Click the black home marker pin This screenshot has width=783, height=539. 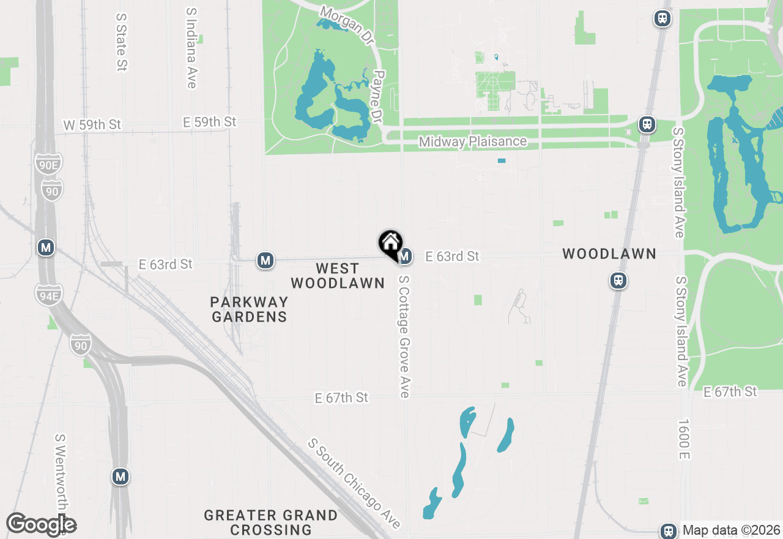tap(390, 243)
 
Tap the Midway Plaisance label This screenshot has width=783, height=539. tap(472, 141)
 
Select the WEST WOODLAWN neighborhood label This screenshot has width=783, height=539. tap(337, 276)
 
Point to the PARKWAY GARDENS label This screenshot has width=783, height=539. tap(248, 309)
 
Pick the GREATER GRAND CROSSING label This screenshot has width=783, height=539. tap(270, 522)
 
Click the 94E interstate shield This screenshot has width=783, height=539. tap(48, 294)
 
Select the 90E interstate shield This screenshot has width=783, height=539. tap(48, 164)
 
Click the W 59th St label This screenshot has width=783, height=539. tap(92, 125)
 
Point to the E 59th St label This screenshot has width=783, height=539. tap(209, 123)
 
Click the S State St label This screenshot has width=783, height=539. tap(121, 40)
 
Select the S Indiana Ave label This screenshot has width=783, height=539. tap(191, 48)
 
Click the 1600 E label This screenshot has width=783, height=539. tap(684, 440)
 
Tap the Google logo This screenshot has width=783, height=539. tap(41, 525)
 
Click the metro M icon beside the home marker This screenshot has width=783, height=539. tap(404, 255)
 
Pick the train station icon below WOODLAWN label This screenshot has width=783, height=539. tap(618, 281)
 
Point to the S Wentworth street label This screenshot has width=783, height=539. tap(60, 472)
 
